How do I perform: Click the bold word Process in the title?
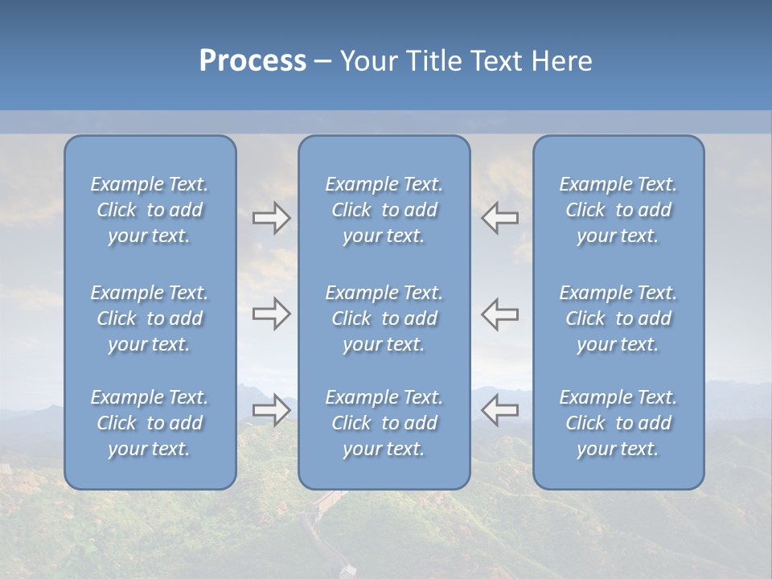click(x=253, y=61)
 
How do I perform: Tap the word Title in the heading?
click(x=434, y=61)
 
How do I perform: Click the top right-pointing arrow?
click(x=272, y=218)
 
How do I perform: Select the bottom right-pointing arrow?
click(x=272, y=410)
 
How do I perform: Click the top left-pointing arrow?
click(x=499, y=217)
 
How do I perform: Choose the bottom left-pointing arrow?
click(x=499, y=410)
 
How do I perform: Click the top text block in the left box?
click(x=150, y=210)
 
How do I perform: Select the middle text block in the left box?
click(x=150, y=318)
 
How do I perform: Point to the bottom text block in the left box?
click(x=150, y=423)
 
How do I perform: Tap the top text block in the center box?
click(x=384, y=210)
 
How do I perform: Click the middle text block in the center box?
click(x=384, y=318)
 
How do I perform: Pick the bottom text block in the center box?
click(x=384, y=423)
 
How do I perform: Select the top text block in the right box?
click(x=618, y=210)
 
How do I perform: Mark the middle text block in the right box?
click(x=618, y=318)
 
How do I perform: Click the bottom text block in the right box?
click(x=618, y=423)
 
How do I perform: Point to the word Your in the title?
click(x=368, y=61)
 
